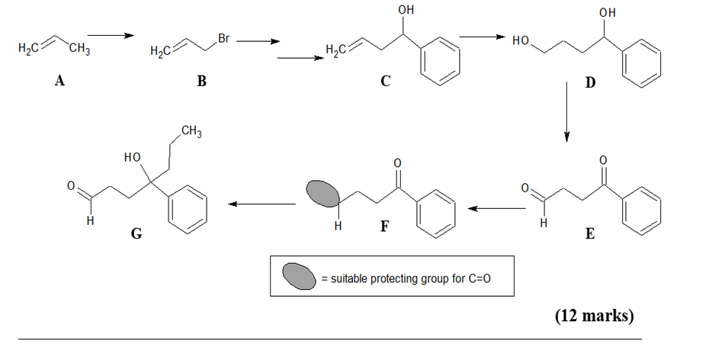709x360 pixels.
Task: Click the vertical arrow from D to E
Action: [x=566, y=111]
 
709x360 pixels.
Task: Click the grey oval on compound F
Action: [x=322, y=194]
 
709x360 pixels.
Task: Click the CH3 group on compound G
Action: [x=191, y=135]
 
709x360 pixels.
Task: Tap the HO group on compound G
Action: [x=132, y=158]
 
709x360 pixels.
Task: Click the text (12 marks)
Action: [x=594, y=314]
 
